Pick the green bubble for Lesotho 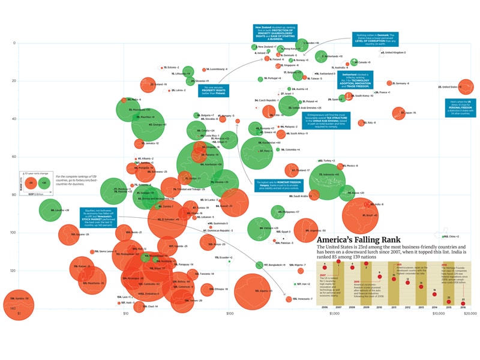50,210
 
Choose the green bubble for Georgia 148,124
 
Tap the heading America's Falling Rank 359,239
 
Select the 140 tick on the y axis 11,308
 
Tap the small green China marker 445,237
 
